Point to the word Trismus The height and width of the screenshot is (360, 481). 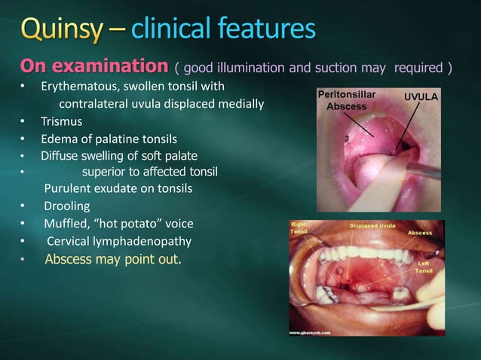[62, 121]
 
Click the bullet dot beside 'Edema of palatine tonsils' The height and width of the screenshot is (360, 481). [23, 139]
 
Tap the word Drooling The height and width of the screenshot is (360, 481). [67, 206]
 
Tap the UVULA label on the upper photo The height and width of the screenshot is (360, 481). [421, 98]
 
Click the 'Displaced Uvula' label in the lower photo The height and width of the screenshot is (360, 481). [371, 225]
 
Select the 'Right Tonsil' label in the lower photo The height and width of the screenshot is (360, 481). [299, 228]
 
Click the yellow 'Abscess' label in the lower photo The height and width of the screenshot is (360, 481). [420, 233]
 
